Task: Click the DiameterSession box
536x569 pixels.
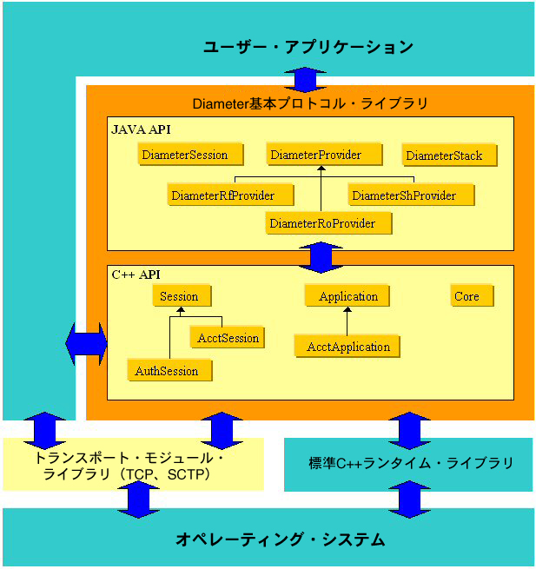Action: pos(184,155)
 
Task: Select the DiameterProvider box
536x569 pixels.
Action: pos(315,155)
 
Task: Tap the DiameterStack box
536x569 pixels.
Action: pos(444,156)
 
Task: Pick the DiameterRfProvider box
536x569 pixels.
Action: pos(222,195)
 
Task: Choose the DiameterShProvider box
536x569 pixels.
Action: pos(404,195)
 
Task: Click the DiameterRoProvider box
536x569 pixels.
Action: pos(322,224)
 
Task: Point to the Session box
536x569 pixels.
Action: pos(180,296)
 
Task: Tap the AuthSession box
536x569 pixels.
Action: pos(167,371)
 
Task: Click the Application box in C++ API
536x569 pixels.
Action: pos(348,296)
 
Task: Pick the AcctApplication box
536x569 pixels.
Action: pos(348,347)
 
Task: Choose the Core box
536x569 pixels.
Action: pos(467,296)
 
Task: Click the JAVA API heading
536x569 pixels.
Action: pos(142,129)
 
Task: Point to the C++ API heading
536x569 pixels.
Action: pos(136,275)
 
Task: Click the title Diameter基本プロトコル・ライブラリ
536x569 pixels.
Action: pos(310,103)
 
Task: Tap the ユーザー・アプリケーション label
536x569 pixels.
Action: pos(308,47)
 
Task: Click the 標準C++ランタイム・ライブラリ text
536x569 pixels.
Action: pos(411,463)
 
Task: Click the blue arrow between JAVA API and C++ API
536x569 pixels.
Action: pos(322,256)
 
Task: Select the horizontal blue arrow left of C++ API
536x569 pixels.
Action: pos(86,344)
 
